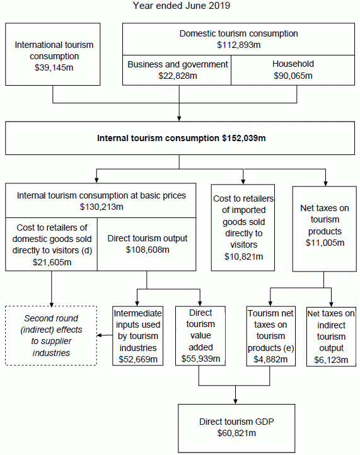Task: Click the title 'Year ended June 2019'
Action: [x=182, y=6]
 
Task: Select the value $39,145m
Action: [x=54, y=67]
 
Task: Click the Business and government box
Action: [x=177, y=70]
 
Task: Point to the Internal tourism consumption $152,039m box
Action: [x=182, y=138]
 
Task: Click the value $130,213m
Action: [x=102, y=206]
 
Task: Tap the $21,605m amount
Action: [x=52, y=262]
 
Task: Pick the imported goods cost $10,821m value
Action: [x=243, y=256]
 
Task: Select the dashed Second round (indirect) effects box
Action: [x=51, y=335]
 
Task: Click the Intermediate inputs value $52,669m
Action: [x=138, y=359]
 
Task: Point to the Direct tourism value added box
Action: [x=200, y=335]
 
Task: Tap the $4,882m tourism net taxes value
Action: [x=271, y=359]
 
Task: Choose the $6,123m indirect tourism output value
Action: [x=331, y=359]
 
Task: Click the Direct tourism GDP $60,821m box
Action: [x=236, y=428]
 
